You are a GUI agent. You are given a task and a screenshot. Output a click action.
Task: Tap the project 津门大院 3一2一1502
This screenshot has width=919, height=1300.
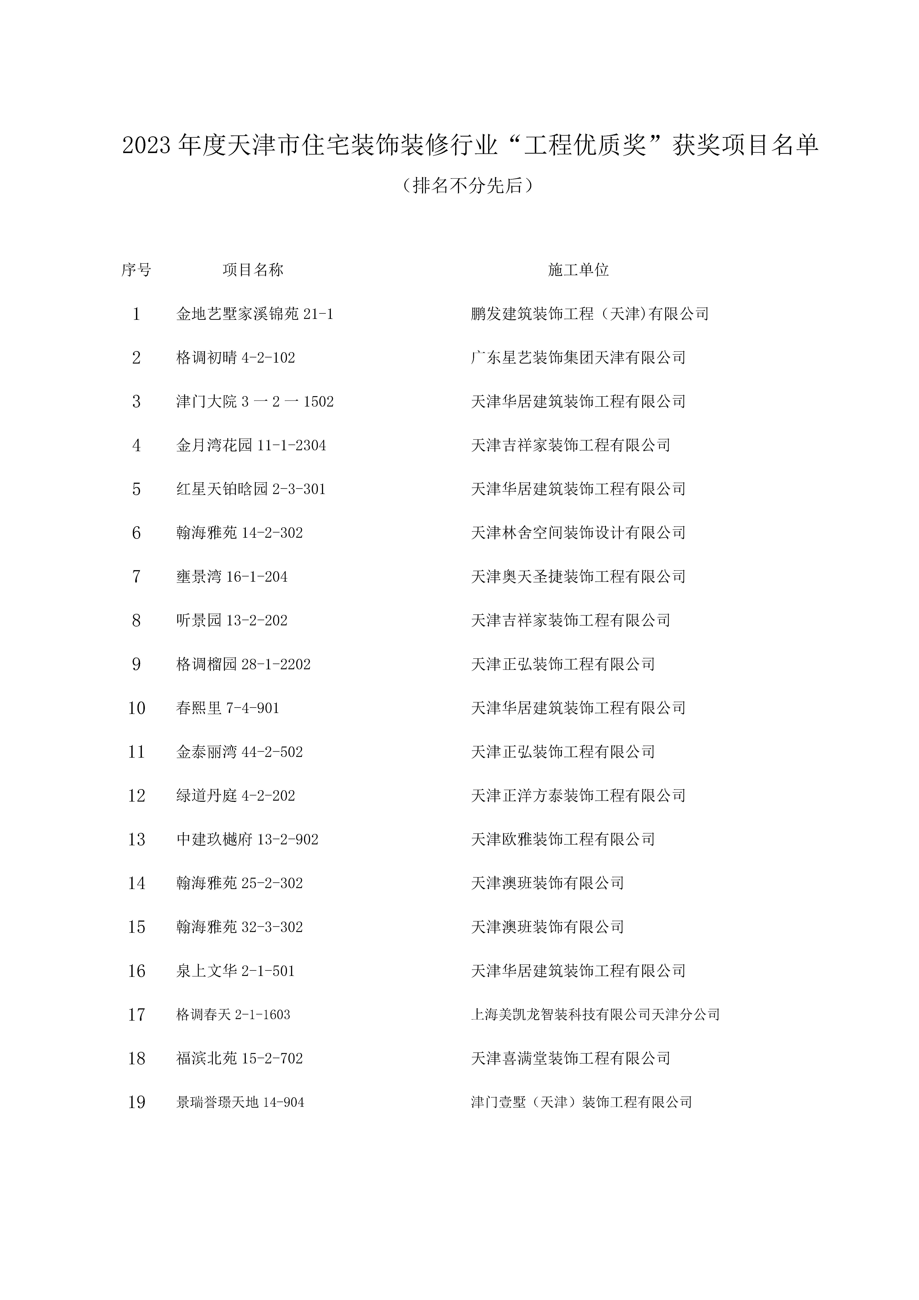pos(255,402)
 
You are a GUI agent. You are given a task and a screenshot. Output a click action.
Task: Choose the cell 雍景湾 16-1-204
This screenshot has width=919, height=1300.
pos(232,576)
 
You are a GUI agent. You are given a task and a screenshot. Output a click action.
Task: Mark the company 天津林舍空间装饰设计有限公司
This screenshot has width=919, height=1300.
pos(578,533)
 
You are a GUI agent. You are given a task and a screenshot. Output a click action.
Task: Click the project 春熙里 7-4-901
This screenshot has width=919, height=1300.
pos(228,708)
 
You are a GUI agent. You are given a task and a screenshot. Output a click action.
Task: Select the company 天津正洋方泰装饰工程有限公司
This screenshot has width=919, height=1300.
pos(578,795)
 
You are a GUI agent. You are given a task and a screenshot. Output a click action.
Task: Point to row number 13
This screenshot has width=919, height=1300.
pos(137,839)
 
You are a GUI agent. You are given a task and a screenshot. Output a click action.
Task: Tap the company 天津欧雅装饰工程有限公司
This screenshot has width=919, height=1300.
pos(563,839)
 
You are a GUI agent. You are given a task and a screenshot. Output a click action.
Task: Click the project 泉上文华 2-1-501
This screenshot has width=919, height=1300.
pos(236,971)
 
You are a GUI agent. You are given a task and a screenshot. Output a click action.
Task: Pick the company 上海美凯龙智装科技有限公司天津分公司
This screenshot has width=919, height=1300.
pos(595,1015)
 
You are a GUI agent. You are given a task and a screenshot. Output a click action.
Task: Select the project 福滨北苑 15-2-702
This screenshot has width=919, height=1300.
pos(240,1058)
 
